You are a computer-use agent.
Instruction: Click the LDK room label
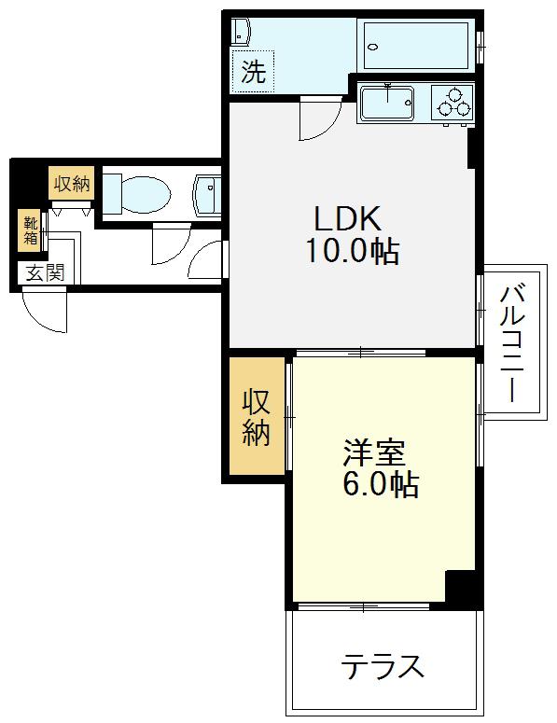click(348, 218)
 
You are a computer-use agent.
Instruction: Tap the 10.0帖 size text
click(353, 252)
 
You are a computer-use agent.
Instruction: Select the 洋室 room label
click(374, 453)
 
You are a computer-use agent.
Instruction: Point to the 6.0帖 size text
click(381, 484)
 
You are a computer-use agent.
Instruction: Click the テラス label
click(382, 666)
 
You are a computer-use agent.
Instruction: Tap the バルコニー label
click(512, 343)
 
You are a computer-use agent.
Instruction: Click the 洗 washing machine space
click(253, 72)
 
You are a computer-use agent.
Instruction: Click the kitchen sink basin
click(387, 103)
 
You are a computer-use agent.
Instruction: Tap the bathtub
click(416, 45)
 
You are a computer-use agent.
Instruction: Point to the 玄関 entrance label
click(45, 273)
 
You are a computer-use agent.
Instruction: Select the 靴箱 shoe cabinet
click(30, 231)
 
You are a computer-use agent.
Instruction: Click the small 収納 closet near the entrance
click(72, 184)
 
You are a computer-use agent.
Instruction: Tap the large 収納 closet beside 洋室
click(257, 416)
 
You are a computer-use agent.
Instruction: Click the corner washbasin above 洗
click(240, 32)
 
